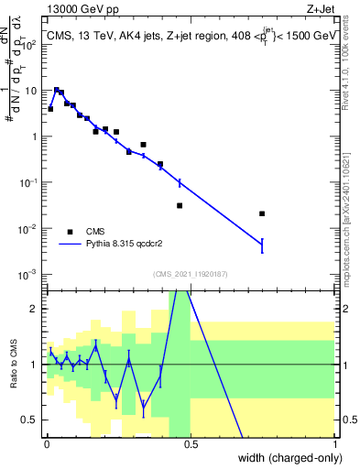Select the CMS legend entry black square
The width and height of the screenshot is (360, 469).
[70, 232]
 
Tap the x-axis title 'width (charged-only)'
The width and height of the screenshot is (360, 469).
[284, 459]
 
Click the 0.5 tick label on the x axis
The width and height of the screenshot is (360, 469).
[191, 442]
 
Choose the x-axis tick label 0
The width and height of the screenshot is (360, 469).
[46, 442]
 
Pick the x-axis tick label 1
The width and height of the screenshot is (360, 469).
[334, 442]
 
